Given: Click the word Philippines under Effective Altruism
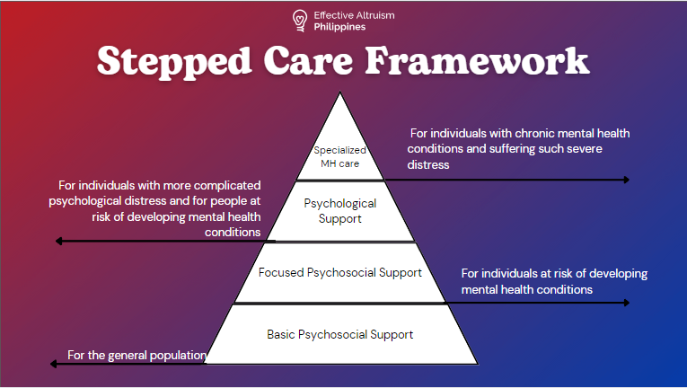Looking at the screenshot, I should tap(340, 27).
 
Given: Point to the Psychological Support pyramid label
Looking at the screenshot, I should tap(340, 210).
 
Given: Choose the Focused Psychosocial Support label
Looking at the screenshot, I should tap(339, 272).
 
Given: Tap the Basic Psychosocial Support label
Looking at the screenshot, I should tap(339, 334).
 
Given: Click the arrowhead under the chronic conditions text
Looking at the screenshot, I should tap(626, 180).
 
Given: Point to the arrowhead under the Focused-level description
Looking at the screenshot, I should tap(626, 303).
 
